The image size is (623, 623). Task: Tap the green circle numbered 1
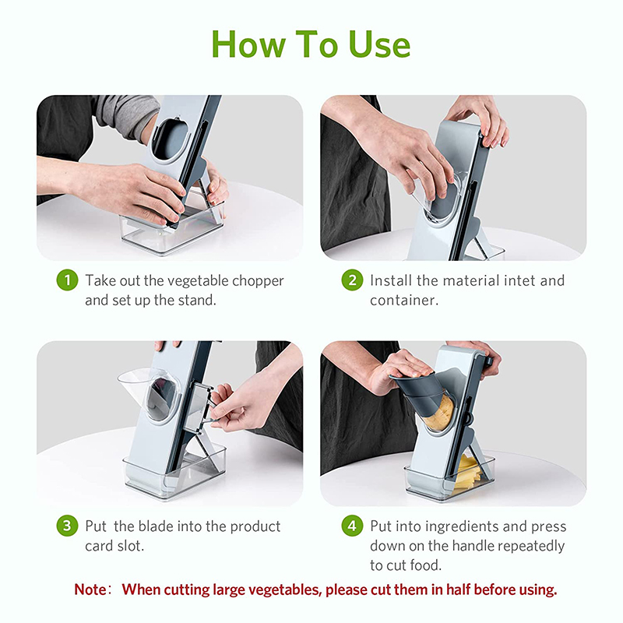(x=67, y=280)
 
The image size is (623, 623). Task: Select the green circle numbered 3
(x=67, y=526)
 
